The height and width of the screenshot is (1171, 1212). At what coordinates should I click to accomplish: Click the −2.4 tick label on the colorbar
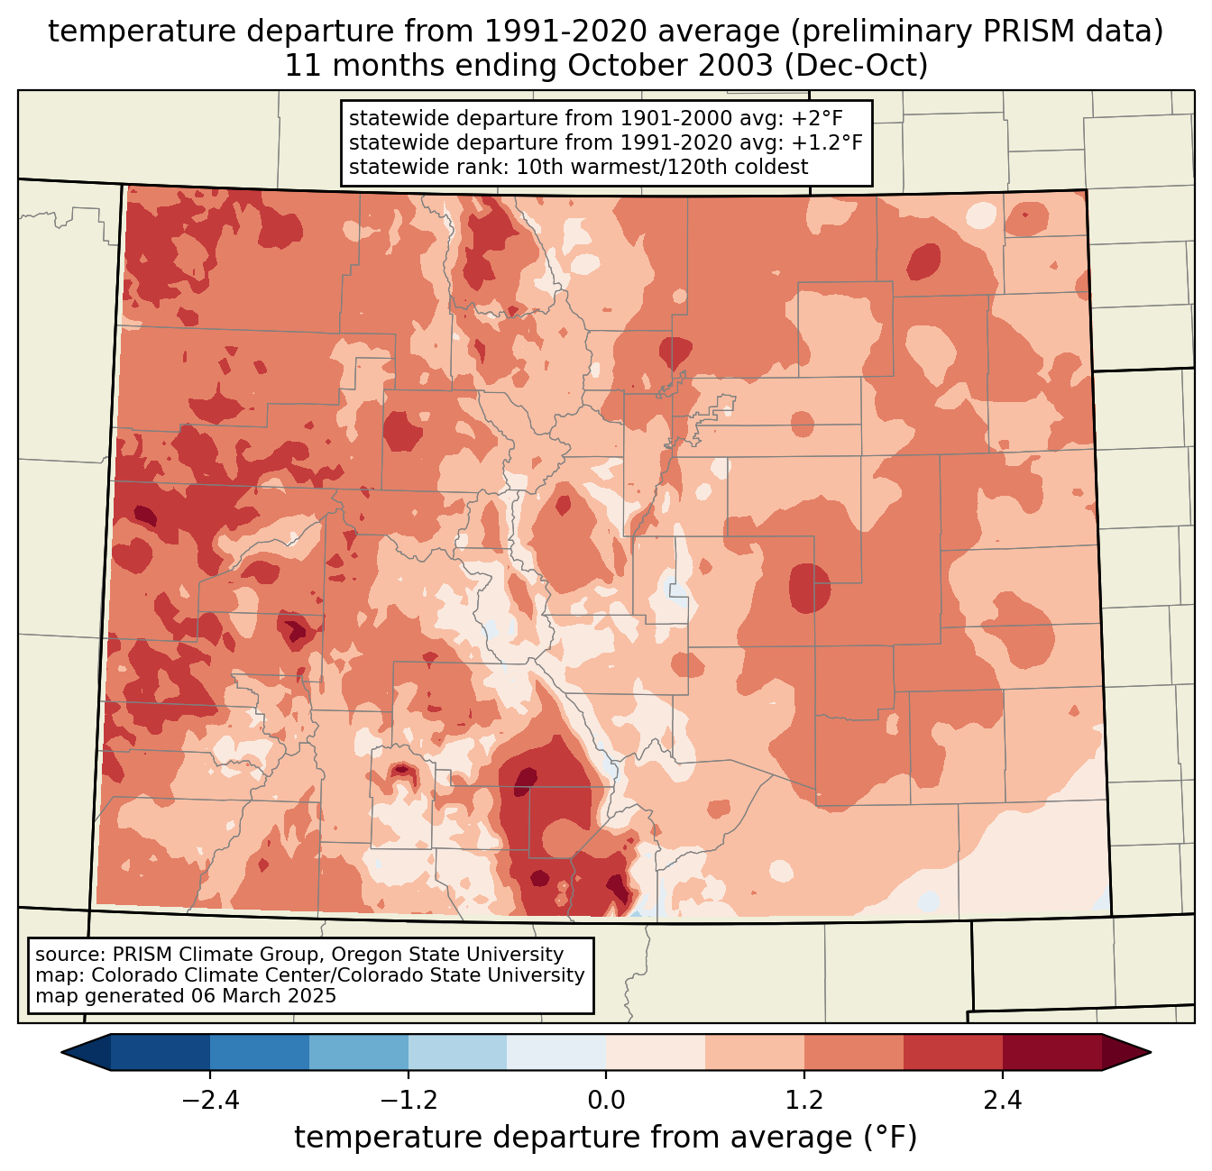pyautogui.click(x=209, y=1101)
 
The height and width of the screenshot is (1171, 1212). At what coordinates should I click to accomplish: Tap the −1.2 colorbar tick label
pyautogui.click(x=408, y=1101)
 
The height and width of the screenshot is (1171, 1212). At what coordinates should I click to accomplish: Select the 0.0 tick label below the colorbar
pyautogui.click(x=606, y=1101)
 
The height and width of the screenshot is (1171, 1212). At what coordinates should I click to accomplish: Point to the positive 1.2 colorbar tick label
pyautogui.click(x=804, y=1101)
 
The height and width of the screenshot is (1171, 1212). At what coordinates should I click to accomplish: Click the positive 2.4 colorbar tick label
pyautogui.click(x=1003, y=1101)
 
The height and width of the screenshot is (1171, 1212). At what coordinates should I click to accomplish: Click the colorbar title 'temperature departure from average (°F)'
pyautogui.click(x=606, y=1138)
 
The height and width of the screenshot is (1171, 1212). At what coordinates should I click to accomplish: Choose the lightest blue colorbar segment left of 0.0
pyautogui.click(x=556, y=1052)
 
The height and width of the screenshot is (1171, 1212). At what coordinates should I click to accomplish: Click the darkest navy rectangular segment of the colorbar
pyautogui.click(x=161, y=1052)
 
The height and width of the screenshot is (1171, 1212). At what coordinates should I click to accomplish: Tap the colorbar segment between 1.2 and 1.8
pyautogui.click(x=854, y=1052)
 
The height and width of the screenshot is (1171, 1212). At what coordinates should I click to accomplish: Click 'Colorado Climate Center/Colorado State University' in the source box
pyautogui.click(x=338, y=975)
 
